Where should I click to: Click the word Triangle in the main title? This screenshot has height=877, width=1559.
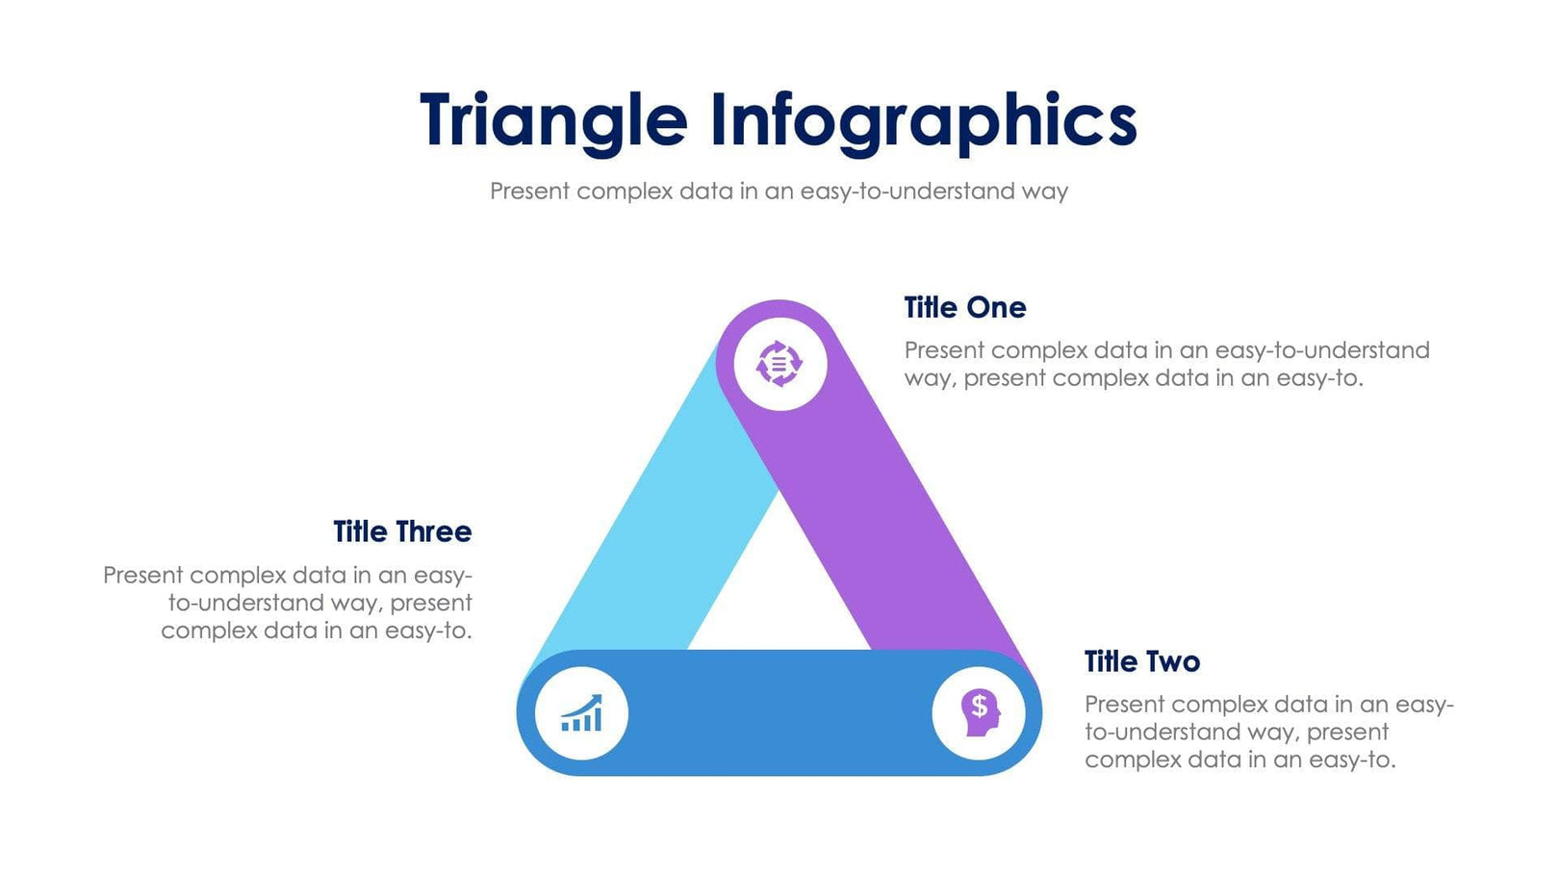[553, 120]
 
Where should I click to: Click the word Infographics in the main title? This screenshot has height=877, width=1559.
[924, 120]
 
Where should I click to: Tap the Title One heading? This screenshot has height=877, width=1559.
[964, 308]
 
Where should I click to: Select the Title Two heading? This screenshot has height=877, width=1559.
[1141, 662]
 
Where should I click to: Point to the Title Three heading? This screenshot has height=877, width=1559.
[402, 532]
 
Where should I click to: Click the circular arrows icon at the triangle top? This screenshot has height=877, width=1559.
[779, 365]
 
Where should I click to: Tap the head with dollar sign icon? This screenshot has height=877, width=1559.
[979, 713]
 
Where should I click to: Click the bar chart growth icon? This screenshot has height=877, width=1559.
[581, 713]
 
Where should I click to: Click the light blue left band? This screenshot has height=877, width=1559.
[654, 539]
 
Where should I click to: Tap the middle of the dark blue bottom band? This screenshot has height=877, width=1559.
[779, 713]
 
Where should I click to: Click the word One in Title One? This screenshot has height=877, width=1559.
[996, 308]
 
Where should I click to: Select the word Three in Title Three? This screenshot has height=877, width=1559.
[433, 532]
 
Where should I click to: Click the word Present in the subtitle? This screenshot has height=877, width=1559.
[529, 192]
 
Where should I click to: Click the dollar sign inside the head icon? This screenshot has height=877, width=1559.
[979, 707]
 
